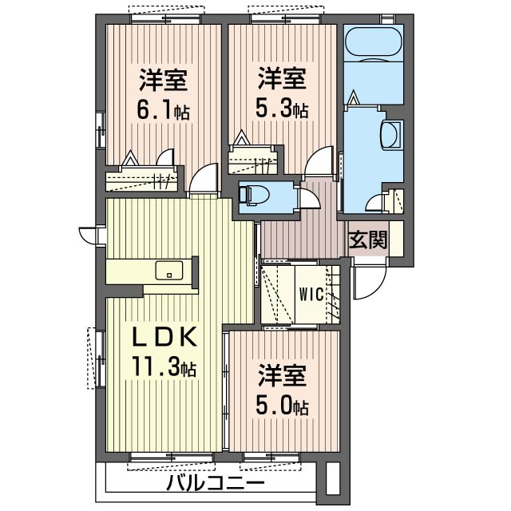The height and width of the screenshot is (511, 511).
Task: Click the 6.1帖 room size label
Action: coord(164,111)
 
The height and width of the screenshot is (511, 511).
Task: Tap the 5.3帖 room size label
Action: coord(283,109)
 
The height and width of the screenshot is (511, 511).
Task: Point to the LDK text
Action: coord(164,338)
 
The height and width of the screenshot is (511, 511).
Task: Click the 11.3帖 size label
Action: coord(164,368)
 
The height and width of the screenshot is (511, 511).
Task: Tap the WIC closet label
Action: coord(311,294)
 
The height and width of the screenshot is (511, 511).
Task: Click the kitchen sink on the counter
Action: coord(168,270)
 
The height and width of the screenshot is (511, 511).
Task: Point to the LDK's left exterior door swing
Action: coord(89,235)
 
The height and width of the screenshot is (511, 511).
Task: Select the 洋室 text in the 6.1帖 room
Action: coord(164,80)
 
